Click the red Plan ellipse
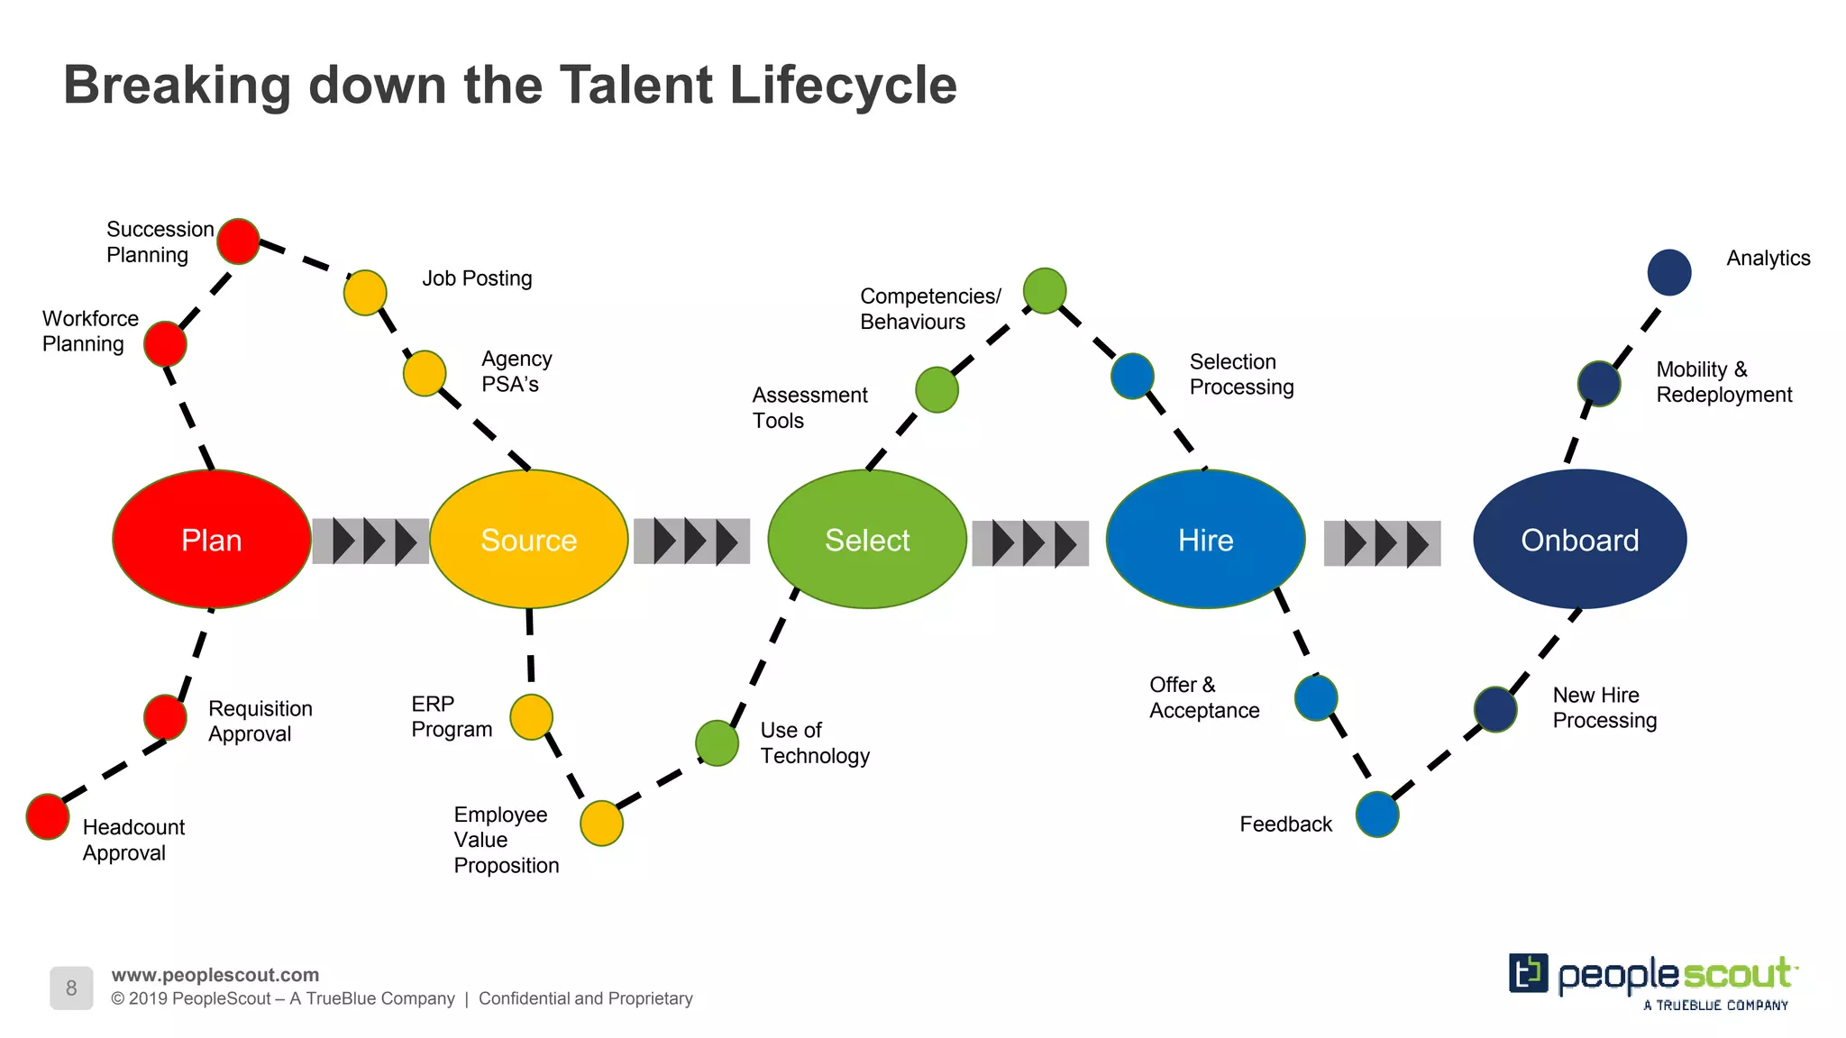coord(212,539)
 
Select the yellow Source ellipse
coord(529,539)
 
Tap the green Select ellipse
coord(867,539)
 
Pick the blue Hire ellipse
coord(1205,539)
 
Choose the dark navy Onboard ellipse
coord(1579,539)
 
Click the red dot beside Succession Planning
coord(239,241)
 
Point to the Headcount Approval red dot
coord(48,816)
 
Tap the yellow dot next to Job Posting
coord(365,293)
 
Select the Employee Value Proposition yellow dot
coord(601,823)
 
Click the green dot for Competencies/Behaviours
coord(1045,291)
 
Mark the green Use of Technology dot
coord(717,743)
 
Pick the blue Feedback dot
coord(1377,815)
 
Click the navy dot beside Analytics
coord(1669,272)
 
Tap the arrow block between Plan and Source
coord(370,542)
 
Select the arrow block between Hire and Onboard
coord(1382,543)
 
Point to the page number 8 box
coord(71,988)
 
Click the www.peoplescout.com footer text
coord(215,975)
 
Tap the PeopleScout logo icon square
coord(1528,973)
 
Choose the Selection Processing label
coord(1241,374)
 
